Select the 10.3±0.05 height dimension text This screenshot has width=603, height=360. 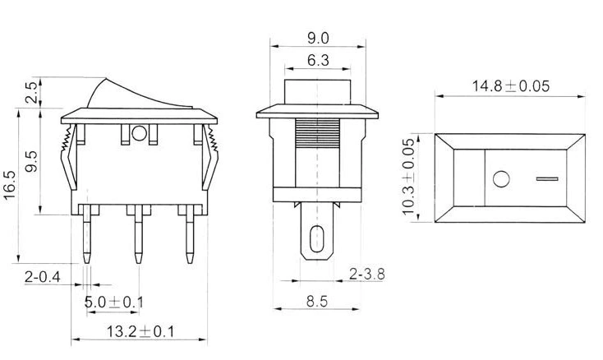click(x=408, y=178)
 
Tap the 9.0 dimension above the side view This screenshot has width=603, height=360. click(x=318, y=38)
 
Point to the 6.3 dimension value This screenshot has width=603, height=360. click(x=318, y=60)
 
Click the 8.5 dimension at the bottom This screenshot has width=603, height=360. click(x=317, y=302)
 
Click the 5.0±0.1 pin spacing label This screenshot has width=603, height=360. click(x=114, y=302)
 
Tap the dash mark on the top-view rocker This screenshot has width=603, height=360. click(x=545, y=178)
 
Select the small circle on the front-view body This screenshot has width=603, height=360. click(x=140, y=132)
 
